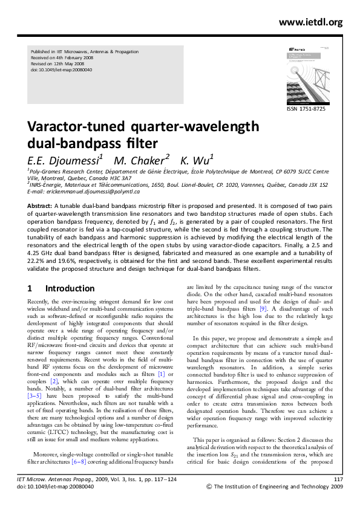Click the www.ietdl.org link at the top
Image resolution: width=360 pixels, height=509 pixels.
click(311, 22)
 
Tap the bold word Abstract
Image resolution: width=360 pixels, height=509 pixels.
click(40, 206)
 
